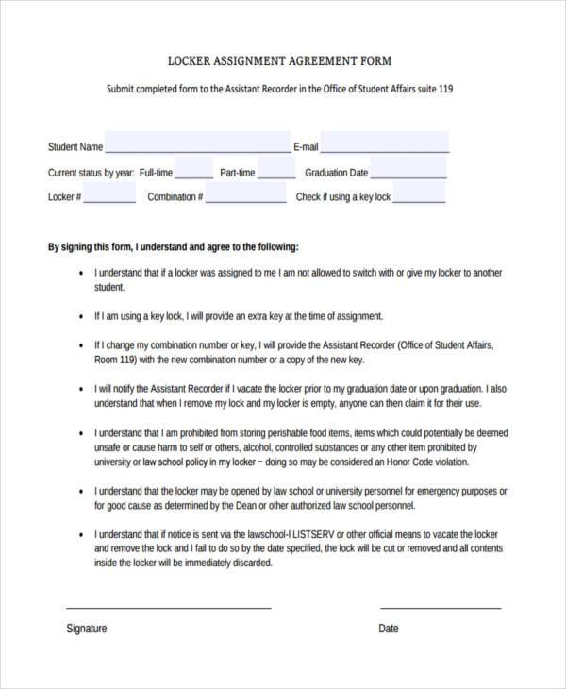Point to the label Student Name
point(75,147)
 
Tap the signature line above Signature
point(169,607)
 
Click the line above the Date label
point(440,607)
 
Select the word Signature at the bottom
point(87,629)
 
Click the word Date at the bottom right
point(389,629)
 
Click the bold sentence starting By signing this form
point(174,247)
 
